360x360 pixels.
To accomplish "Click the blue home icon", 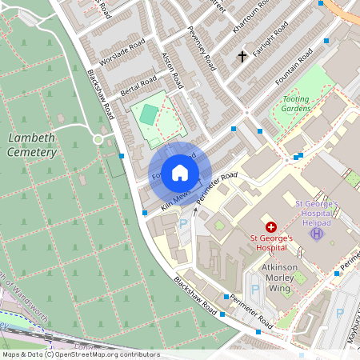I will pos(180,172).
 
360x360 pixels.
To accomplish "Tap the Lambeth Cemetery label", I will pos(32,145).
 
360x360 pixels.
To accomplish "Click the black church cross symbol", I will pos(242,57).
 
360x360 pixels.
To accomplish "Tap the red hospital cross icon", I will pos(271,228).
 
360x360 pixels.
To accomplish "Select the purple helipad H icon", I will pos(317,234).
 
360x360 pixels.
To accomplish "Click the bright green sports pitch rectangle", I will pos(149,114).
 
